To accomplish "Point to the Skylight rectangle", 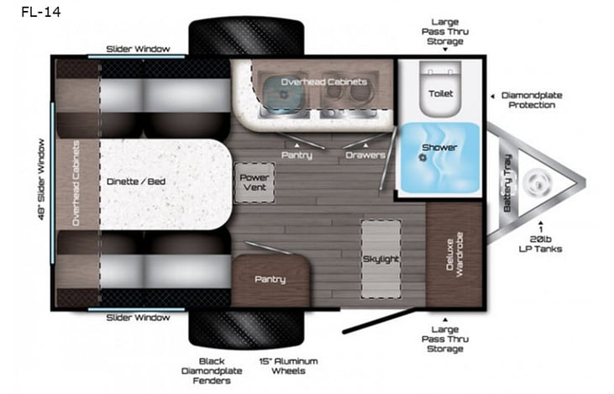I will coord(380,259).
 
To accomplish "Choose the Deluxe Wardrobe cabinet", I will coord(453,255).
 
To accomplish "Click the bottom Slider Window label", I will coord(138,317).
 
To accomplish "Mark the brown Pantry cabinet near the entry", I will coord(270,279).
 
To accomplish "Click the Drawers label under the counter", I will coord(365,155).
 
